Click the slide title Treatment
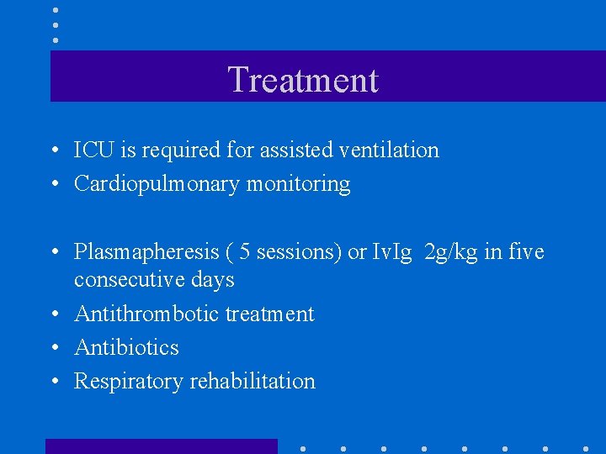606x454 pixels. (x=303, y=80)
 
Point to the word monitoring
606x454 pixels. (x=298, y=184)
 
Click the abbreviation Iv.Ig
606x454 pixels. (x=391, y=252)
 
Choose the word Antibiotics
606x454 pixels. (x=126, y=347)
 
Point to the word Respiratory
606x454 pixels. (x=129, y=382)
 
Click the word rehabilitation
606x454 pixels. (x=252, y=382)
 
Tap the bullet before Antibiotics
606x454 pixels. (x=53, y=348)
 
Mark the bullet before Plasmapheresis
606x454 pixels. (x=53, y=253)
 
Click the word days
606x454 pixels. (x=215, y=280)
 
